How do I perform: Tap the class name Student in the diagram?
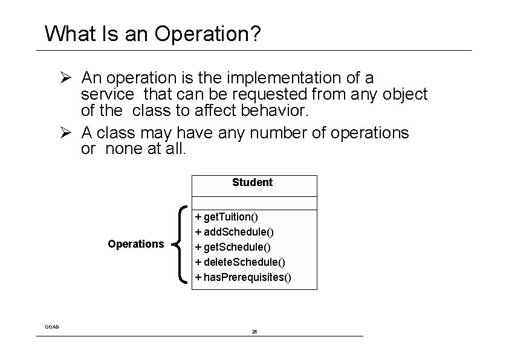click(x=252, y=182)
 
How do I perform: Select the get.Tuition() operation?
click(x=230, y=217)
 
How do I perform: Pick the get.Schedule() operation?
click(x=234, y=247)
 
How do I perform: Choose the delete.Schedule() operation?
click(x=240, y=262)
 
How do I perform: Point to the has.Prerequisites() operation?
click(x=244, y=277)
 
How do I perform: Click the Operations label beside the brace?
click(x=135, y=244)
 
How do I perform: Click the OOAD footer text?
click(x=52, y=327)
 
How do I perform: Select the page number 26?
click(x=254, y=332)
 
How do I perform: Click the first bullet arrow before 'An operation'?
click(x=67, y=78)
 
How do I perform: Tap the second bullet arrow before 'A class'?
click(x=67, y=132)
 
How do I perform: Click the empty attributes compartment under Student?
click(x=254, y=203)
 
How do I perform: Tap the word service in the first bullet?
click(x=108, y=94)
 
